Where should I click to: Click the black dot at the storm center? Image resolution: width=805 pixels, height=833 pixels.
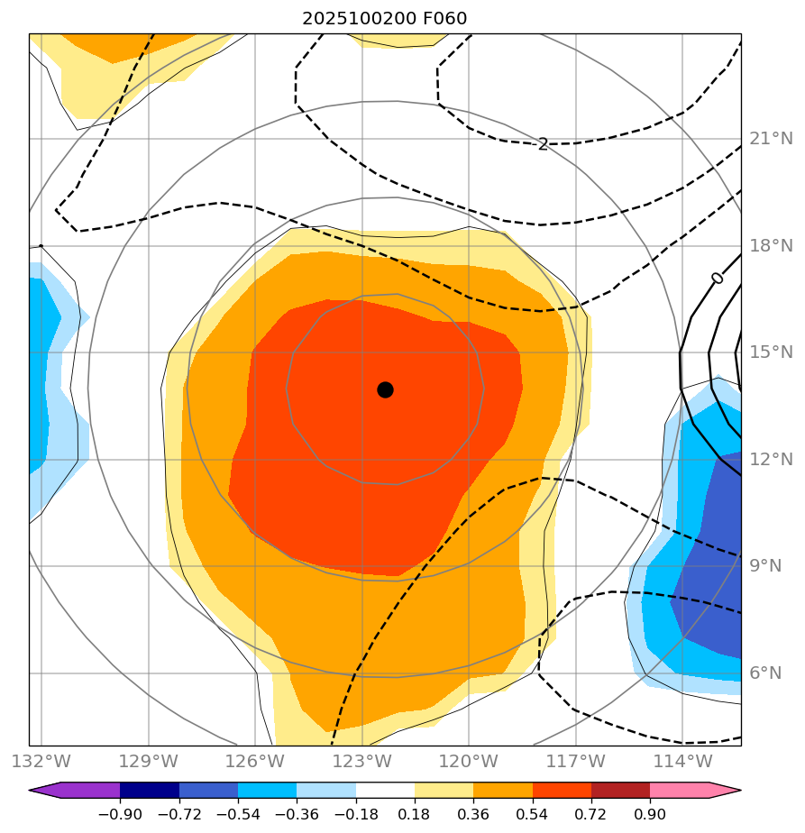385,389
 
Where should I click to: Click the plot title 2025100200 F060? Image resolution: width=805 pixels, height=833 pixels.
385,18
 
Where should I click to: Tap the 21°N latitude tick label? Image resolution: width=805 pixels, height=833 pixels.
771,139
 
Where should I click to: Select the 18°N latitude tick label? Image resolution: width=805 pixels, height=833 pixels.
771,246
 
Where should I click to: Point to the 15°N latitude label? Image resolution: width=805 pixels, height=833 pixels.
771,352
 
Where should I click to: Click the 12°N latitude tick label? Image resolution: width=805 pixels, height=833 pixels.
771,460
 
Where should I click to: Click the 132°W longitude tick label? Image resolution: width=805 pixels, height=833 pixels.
41,761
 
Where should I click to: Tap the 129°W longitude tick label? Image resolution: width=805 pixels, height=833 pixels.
148,761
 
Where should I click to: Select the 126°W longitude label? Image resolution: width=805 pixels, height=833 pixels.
255,761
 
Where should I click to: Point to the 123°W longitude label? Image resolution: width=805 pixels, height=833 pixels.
361,761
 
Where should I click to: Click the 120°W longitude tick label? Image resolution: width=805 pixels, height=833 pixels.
468,761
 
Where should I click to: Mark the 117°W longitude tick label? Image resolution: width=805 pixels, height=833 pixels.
575,761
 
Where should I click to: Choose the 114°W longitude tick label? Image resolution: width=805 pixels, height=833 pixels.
682,761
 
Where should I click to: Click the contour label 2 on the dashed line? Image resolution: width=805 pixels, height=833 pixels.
543,144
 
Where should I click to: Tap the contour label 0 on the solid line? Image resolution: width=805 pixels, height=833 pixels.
717,278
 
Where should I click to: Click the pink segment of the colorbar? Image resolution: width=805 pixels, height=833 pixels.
679,791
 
